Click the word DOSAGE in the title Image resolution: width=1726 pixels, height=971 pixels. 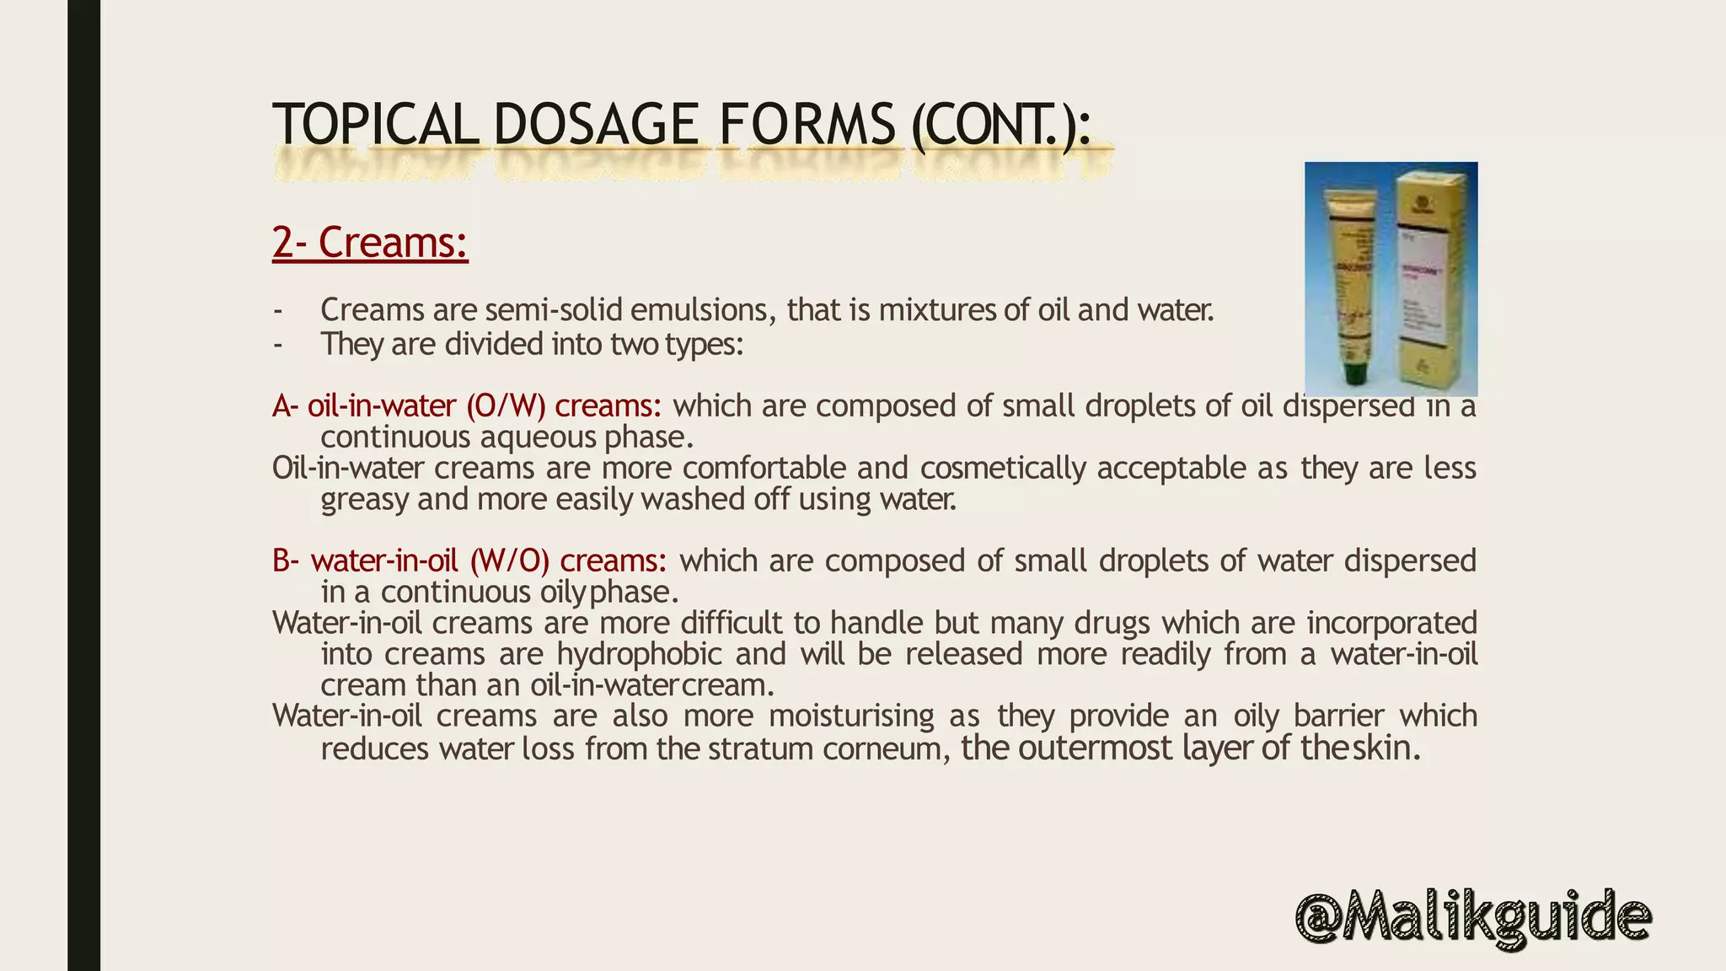coord(595,125)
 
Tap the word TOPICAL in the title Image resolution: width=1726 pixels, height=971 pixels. coord(375,125)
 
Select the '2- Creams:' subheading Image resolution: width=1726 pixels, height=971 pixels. coord(370,242)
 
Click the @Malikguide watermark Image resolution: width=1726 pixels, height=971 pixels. coord(1472,918)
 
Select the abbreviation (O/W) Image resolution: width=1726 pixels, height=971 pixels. coord(506,406)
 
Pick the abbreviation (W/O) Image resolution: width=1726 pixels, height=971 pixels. coord(510,561)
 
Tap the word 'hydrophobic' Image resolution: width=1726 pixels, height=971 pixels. coord(640,654)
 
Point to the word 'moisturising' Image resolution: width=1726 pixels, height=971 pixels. coord(851,716)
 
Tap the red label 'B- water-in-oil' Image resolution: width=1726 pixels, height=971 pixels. coord(365,561)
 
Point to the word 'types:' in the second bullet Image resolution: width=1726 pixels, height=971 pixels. coord(704,345)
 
